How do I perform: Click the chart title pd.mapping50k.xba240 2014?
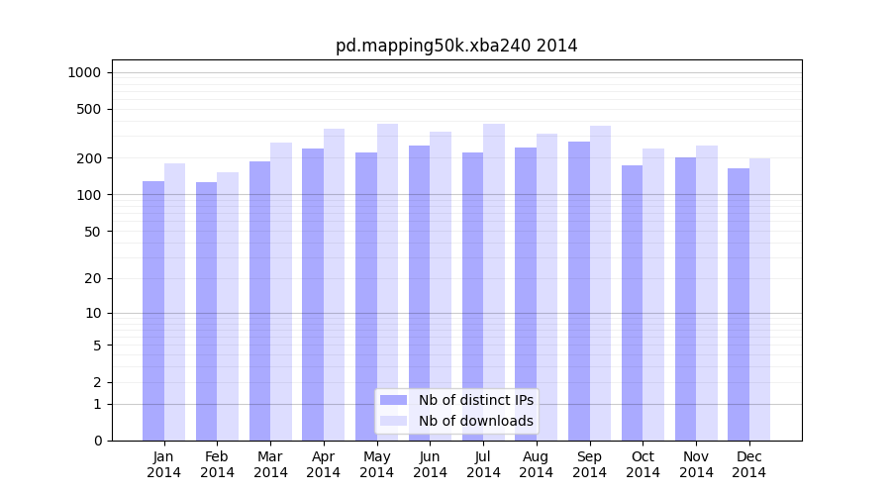(456, 46)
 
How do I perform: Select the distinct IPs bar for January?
(153, 311)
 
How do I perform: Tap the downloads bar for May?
(387, 282)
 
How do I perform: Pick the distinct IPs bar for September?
(579, 291)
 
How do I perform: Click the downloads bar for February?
(228, 307)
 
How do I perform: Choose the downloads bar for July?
(494, 282)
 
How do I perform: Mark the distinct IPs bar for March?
(259, 301)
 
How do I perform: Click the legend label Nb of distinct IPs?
(475, 400)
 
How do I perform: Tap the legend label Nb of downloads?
(475, 421)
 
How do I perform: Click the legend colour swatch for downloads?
(394, 421)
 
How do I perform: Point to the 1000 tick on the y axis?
(84, 72)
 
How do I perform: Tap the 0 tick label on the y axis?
(97, 441)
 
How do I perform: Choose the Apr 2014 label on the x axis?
(324, 464)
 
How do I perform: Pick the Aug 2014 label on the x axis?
(537, 464)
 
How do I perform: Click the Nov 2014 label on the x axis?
(696, 464)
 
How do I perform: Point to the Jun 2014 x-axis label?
(430, 464)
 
